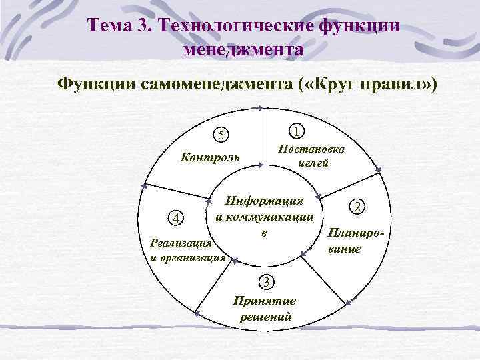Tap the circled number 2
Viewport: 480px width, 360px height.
click(358, 207)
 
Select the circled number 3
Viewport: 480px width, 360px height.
click(266, 282)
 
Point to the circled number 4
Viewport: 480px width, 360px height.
click(175, 218)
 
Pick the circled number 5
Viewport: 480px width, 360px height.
click(221, 135)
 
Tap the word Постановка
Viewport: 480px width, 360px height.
click(311, 149)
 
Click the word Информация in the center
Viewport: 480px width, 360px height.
click(265, 201)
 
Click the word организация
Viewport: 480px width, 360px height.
click(194, 257)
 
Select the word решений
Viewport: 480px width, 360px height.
click(265, 316)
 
